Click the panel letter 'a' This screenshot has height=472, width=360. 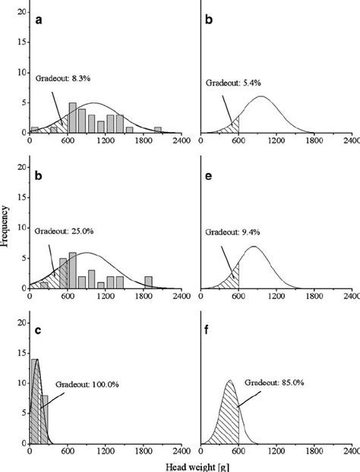click(38, 21)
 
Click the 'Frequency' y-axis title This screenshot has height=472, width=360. click(7, 224)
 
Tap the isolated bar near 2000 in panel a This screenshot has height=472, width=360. click(157, 130)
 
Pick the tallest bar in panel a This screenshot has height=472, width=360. click(72, 118)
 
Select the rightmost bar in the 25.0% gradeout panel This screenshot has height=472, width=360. click(148, 282)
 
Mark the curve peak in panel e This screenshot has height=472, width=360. click(254, 247)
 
